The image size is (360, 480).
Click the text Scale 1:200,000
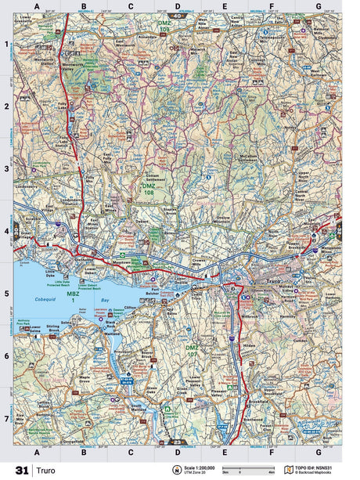(199, 467)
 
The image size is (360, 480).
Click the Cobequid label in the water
(50, 298)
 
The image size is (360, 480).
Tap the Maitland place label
(110, 337)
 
